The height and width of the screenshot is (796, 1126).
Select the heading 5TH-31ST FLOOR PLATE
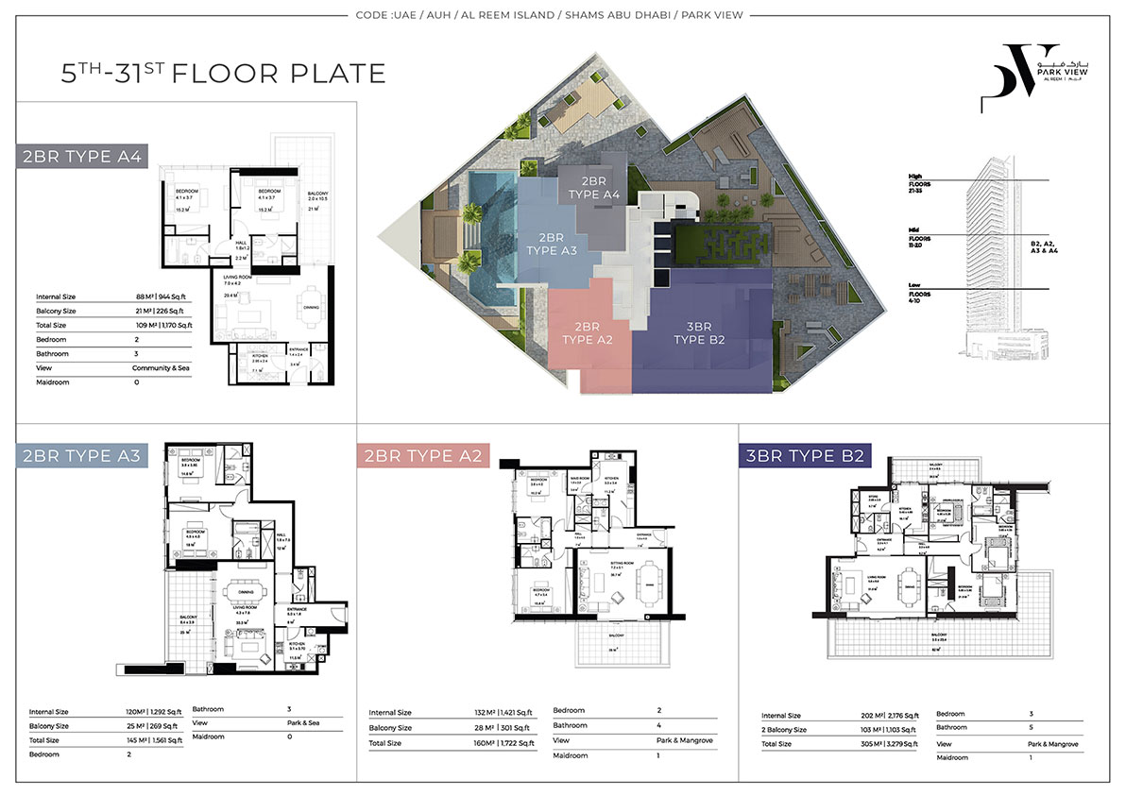[x=223, y=74]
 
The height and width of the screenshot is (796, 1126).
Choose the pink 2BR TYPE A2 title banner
[x=425, y=457]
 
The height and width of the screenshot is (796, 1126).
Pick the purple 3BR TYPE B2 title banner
[x=802, y=457]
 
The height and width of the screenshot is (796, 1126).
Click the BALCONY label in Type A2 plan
[x=613, y=636]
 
